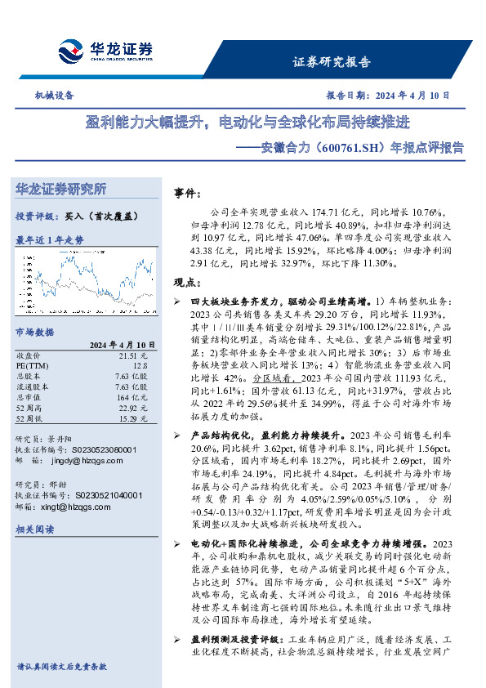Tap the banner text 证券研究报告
tap(331, 62)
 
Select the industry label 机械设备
tap(55, 96)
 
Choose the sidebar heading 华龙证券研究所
tap(60, 189)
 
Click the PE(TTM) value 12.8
tap(139, 366)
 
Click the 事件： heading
tap(188, 194)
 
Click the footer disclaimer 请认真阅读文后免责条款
tap(61, 667)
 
